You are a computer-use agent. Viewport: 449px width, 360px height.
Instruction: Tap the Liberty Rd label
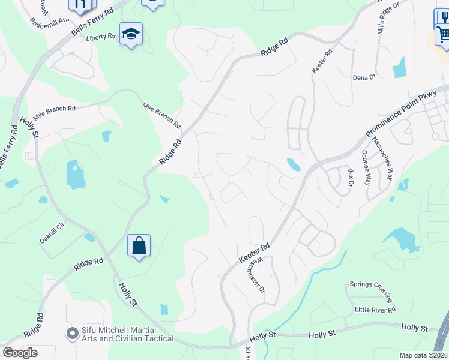tap(100, 37)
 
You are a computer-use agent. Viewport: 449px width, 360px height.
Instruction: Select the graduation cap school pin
tap(130, 34)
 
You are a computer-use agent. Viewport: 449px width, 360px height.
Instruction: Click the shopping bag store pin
tap(139, 246)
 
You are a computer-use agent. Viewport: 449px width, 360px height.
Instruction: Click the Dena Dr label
tap(364, 77)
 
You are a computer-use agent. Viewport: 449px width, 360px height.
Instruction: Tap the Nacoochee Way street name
tap(382, 159)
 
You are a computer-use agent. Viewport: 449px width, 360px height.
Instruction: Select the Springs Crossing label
tap(371, 290)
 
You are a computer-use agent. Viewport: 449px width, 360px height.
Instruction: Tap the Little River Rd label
tap(375, 310)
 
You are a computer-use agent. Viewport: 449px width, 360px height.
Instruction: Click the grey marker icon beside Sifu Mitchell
tap(73, 332)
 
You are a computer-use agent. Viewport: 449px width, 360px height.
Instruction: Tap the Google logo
tap(20, 352)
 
